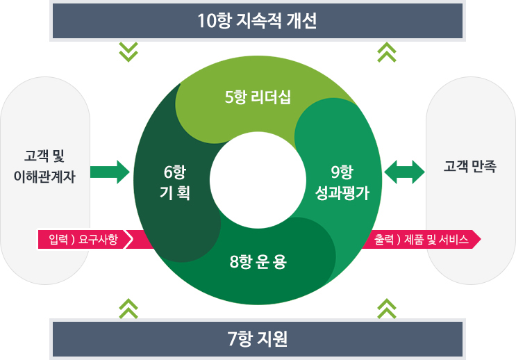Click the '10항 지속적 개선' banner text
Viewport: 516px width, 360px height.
click(x=257, y=20)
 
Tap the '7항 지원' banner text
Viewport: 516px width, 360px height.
click(x=257, y=339)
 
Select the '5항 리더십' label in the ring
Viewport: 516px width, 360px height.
click(x=258, y=97)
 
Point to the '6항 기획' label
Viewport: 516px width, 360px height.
click(x=175, y=183)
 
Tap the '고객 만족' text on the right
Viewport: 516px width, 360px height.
click(x=469, y=166)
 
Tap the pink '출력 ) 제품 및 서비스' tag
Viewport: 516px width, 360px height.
click(x=421, y=240)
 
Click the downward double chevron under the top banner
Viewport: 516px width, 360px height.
click(x=128, y=51)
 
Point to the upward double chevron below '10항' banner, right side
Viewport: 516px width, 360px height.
click(x=386, y=51)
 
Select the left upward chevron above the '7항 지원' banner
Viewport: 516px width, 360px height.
click(x=128, y=308)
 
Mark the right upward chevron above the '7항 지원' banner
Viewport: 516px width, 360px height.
click(x=386, y=308)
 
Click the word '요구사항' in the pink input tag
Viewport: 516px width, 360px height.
click(x=99, y=240)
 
